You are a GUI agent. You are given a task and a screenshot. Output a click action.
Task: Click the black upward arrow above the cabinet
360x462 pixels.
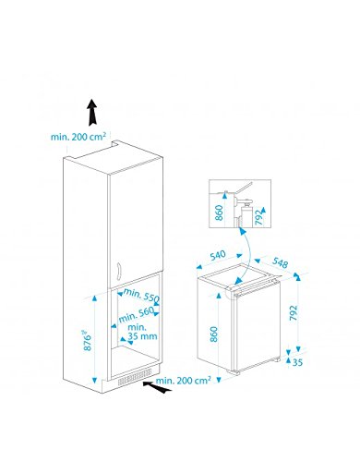(92, 113)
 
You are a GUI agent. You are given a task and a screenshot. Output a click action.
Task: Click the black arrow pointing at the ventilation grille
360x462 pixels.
(157, 387)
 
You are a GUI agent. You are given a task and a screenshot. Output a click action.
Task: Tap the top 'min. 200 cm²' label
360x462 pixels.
(78, 137)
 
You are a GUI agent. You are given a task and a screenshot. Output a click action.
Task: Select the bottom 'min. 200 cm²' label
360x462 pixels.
(184, 380)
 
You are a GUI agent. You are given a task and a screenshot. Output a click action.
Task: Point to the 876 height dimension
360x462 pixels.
(88, 341)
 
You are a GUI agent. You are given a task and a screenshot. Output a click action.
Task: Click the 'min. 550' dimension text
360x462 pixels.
(141, 295)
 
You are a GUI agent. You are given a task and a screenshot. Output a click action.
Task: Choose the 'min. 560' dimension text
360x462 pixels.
(136, 315)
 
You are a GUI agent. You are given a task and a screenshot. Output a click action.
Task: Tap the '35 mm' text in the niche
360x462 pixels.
(142, 336)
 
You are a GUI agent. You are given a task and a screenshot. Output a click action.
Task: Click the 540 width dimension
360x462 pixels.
(218, 256)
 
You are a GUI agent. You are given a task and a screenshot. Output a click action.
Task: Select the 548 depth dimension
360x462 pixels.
(281, 262)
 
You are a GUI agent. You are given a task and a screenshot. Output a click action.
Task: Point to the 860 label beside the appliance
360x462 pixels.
(214, 334)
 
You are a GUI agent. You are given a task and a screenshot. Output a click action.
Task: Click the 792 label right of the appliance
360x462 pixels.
(294, 312)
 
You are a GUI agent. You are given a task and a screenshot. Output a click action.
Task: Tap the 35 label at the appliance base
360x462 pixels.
(297, 362)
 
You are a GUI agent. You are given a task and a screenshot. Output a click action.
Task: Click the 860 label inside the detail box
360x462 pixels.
(219, 213)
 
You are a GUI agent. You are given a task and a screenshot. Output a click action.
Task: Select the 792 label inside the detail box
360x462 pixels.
(259, 217)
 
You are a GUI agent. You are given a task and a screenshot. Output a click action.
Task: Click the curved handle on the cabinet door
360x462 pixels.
(119, 272)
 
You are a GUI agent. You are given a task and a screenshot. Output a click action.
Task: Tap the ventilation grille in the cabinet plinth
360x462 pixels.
(135, 378)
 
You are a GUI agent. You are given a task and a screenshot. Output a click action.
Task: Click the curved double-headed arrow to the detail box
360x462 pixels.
(247, 254)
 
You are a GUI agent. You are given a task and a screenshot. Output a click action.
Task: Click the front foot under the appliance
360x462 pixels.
(235, 372)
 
